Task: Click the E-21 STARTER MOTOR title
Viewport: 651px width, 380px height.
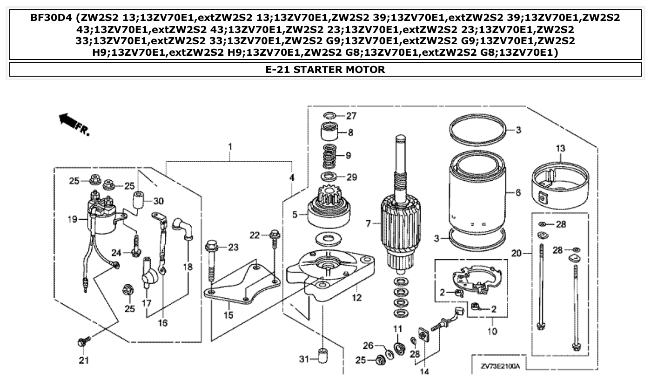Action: (325, 70)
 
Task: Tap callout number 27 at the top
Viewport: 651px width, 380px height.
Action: (350, 116)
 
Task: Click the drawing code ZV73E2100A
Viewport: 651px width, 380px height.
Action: (501, 366)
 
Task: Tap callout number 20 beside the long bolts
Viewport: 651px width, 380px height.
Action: (515, 254)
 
